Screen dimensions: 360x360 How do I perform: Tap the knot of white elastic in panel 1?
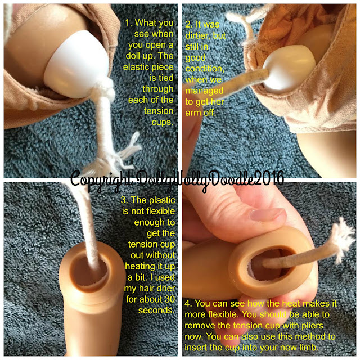105,89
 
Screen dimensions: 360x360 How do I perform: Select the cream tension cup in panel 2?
290,67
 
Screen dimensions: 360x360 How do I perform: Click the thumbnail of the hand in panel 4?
268,215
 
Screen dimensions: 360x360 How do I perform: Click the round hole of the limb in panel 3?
90,271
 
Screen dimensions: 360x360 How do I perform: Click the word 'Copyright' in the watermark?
101,179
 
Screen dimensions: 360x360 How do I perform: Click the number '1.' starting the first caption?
129,23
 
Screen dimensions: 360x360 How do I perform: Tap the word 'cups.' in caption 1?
163,122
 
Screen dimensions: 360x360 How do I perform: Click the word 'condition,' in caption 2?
205,69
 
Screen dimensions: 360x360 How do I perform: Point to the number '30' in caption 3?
170,299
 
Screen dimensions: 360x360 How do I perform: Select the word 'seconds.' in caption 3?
156,310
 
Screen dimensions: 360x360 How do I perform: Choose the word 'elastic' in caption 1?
135,67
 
